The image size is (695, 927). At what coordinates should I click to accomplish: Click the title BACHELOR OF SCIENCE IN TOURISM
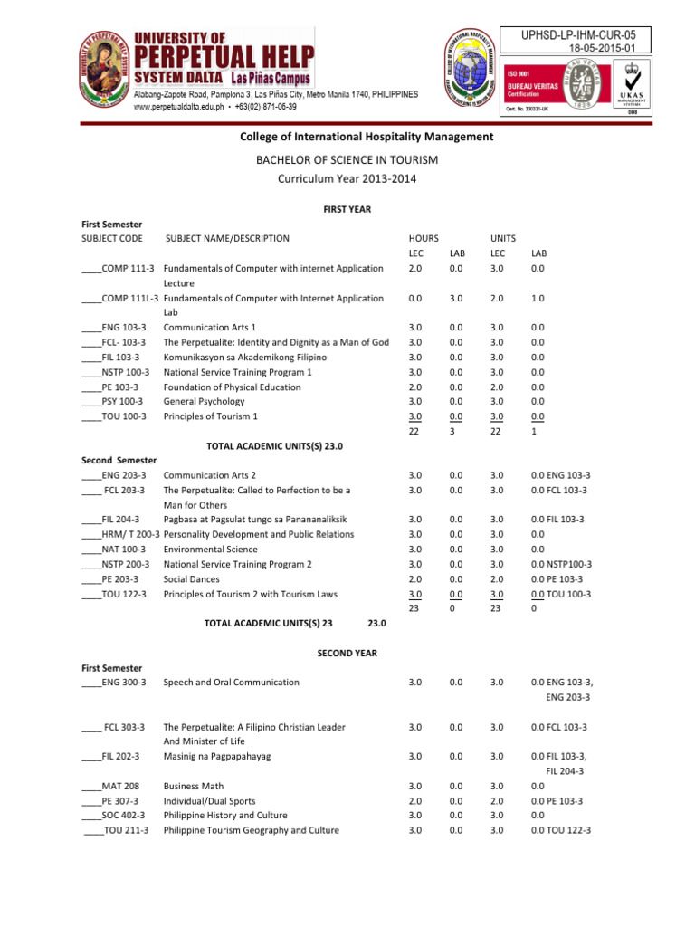(x=347, y=159)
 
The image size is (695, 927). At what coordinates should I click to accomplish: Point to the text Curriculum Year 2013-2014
(x=347, y=179)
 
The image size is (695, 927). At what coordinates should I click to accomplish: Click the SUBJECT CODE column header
(x=112, y=239)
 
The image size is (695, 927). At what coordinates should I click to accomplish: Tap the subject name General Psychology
(x=204, y=401)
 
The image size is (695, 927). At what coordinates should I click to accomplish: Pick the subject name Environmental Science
(x=210, y=549)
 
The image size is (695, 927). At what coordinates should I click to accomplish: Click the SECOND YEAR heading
(x=347, y=653)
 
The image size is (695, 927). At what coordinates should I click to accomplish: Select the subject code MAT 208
(x=112, y=787)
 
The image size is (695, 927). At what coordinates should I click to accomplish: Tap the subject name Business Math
(x=193, y=787)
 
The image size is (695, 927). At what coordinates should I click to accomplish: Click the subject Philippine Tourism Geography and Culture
(x=251, y=830)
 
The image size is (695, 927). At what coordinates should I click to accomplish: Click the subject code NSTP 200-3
(x=118, y=564)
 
